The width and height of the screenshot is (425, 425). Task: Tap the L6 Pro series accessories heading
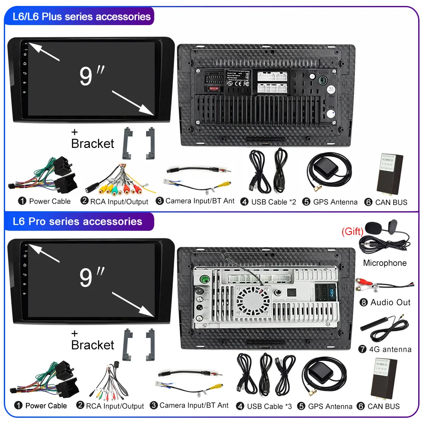click(78, 221)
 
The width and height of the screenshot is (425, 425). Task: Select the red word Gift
click(352, 232)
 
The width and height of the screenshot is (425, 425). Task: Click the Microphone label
click(385, 263)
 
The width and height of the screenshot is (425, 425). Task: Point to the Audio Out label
click(390, 303)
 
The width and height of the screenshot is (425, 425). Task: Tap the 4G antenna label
click(390, 349)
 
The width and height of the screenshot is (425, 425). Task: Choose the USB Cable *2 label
click(273, 202)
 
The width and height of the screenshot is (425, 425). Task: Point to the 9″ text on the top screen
click(92, 75)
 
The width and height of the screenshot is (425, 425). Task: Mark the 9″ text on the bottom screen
click(92, 277)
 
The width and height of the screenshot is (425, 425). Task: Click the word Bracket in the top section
click(93, 144)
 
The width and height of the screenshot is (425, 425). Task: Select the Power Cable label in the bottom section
click(46, 406)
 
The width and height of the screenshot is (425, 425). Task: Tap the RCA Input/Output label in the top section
click(119, 202)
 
